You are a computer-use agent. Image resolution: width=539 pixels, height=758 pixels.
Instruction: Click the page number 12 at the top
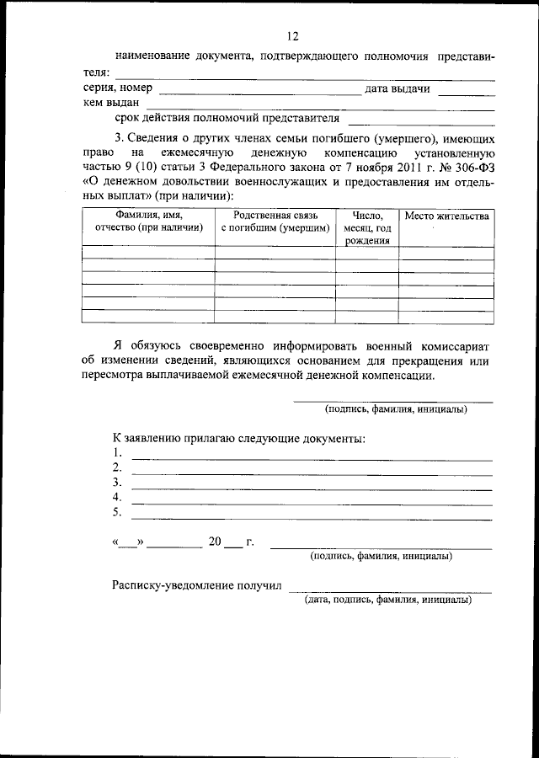coord(292,36)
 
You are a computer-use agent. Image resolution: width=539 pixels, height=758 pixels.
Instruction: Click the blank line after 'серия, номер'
coord(259,92)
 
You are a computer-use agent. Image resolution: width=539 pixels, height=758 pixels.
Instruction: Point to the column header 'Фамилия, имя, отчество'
coord(148,222)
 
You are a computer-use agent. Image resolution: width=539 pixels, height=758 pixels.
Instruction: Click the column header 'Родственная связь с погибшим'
coord(275,222)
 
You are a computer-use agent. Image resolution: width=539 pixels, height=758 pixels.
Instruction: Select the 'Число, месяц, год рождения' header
coord(367,227)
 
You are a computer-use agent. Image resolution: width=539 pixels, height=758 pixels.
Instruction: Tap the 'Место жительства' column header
coord(446,216)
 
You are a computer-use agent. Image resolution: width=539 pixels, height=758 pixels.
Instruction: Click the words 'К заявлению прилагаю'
coord(177,439)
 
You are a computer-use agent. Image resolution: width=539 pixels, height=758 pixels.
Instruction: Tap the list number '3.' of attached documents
coord(118,483)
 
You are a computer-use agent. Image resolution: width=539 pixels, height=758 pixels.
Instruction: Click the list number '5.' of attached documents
coord(118,512)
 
